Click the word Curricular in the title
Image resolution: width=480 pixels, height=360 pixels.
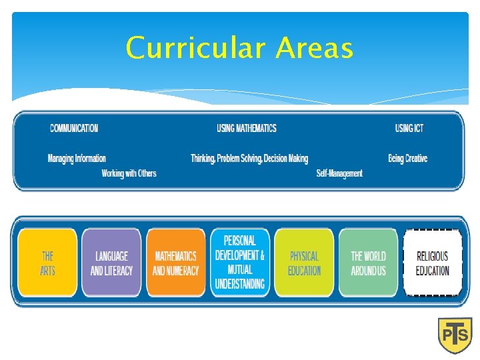click(196, 48)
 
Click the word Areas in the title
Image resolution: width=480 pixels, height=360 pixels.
click(314, 48)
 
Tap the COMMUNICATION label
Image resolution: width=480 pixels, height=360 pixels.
click(74, 128)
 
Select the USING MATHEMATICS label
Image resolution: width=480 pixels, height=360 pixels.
click(247, 128)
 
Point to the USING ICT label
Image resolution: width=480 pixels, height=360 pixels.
click(409, 128)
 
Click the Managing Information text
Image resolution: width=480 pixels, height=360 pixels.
click(77, 159)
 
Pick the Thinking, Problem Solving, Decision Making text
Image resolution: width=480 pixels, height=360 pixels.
click(249, 159)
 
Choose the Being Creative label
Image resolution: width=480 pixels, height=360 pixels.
click(407, 159)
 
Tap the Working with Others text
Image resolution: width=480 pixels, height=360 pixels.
click(129, 173)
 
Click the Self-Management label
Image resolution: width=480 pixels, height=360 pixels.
click(339, 173)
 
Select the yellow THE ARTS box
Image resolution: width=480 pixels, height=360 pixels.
click(48, 263)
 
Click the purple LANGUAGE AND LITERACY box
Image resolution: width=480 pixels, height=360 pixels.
click(111, 263)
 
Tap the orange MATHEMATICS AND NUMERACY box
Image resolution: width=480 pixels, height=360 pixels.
click(175, 263)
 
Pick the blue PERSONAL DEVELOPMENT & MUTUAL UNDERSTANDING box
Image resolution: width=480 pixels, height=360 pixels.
click(240, 262)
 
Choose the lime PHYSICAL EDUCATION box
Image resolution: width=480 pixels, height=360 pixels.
click(304, 263)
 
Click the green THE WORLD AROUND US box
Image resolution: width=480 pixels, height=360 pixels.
click(368, 263)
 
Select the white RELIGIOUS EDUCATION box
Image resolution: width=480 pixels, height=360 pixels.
click(433, 263)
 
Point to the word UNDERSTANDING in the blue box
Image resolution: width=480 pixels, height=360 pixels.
click(240, 285)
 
